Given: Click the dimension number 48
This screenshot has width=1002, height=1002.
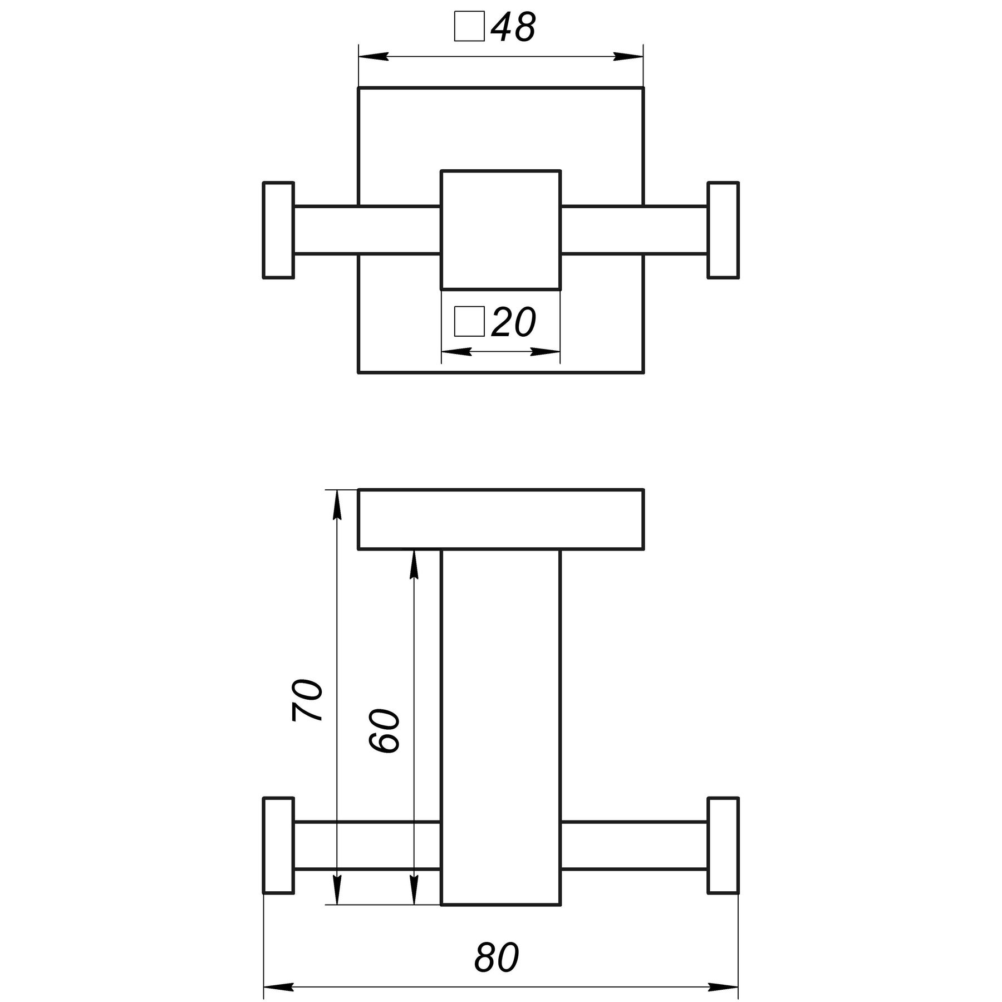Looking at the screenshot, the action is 513,27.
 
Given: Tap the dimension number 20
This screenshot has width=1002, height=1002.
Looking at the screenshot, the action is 513,322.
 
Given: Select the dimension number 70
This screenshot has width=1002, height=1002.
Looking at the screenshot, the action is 308,700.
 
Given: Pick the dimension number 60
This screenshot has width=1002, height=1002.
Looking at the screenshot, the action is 385,731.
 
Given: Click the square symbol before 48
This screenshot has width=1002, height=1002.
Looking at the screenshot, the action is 469,27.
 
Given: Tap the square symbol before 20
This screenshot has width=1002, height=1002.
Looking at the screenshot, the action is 469,322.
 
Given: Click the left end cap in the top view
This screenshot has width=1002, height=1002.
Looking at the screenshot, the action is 278,230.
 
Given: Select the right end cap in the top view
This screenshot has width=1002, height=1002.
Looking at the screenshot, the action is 723,230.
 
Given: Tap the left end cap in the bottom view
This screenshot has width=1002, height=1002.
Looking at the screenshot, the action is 278,853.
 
